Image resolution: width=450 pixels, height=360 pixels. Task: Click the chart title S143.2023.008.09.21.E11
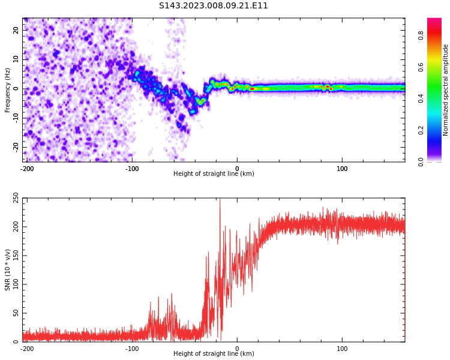pyautogui.click(x=213, y=5)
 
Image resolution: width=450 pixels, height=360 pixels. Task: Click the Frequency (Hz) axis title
pyautogui.click(x=8, y=90)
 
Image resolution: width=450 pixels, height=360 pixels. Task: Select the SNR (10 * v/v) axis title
pyautogui.click(x=8, y=270)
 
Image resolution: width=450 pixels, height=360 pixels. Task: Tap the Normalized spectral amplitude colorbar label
pyautogui.click(x=446, y=90)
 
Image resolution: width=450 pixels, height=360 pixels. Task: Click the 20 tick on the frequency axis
pyautogui.click(x=16, y=30)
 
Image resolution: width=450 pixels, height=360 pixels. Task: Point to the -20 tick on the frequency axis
pyautogui.click(x=15, y=147)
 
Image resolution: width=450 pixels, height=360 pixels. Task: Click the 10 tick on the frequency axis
pyautogui.click(x=16, y=59)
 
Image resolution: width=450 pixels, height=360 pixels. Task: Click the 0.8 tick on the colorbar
pyautogui.click(x=421, y=35)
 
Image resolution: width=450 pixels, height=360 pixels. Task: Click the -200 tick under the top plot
pyautogui.click(x=27, y=168)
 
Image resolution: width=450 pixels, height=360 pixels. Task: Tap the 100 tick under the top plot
pyautogui.click(x=342, y=168)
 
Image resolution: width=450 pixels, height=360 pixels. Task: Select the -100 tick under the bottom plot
pyautogui.click(x=132, y=348)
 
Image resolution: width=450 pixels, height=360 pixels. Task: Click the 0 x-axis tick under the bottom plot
pyautogui.click(x=237, y=348)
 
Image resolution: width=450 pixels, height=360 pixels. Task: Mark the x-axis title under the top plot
pyautogui.click(x=214, y=174)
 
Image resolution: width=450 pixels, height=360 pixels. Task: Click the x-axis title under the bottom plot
pyautogui.click(x=214, y=354)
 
